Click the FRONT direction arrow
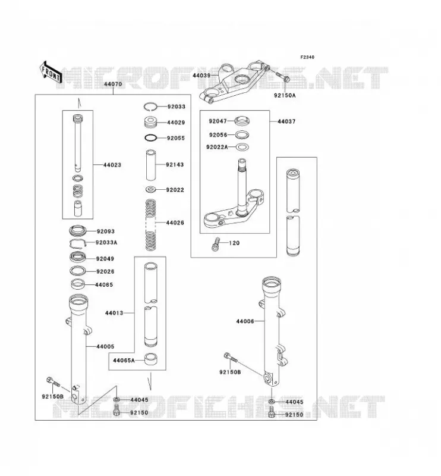[51, 73]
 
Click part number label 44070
[113, 84]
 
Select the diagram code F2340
[307, 57]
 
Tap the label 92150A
[285, 95]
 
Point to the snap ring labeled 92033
[150, 107]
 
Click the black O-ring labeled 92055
[151, 138]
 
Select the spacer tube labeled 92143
[151, 165]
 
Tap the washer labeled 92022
[151, 190]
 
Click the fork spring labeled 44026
[151, 225]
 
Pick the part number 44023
[112, 165]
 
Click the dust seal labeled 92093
[78, 231]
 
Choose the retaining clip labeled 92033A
[78, 243]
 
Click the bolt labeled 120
[215, 244]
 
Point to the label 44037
[286, 121]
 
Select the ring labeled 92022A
[242, 147]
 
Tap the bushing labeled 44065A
[150, 359]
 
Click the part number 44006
[245, 321]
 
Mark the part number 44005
[105, 346]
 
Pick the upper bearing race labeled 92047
[242, 121]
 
